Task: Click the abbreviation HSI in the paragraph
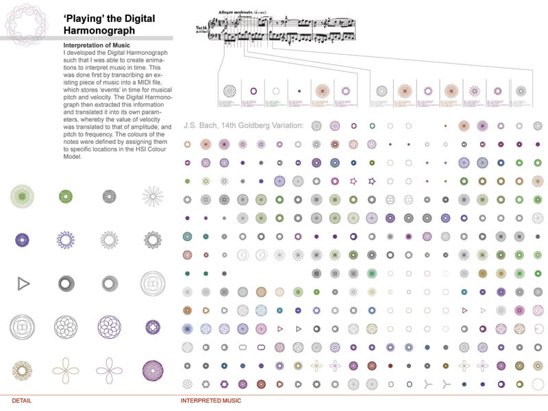pos(144,149)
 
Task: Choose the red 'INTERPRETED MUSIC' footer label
pos(210,400)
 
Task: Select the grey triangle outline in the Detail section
pos(23,283)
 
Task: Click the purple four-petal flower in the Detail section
pos(110,371)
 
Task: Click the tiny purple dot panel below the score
pos(299,90)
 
